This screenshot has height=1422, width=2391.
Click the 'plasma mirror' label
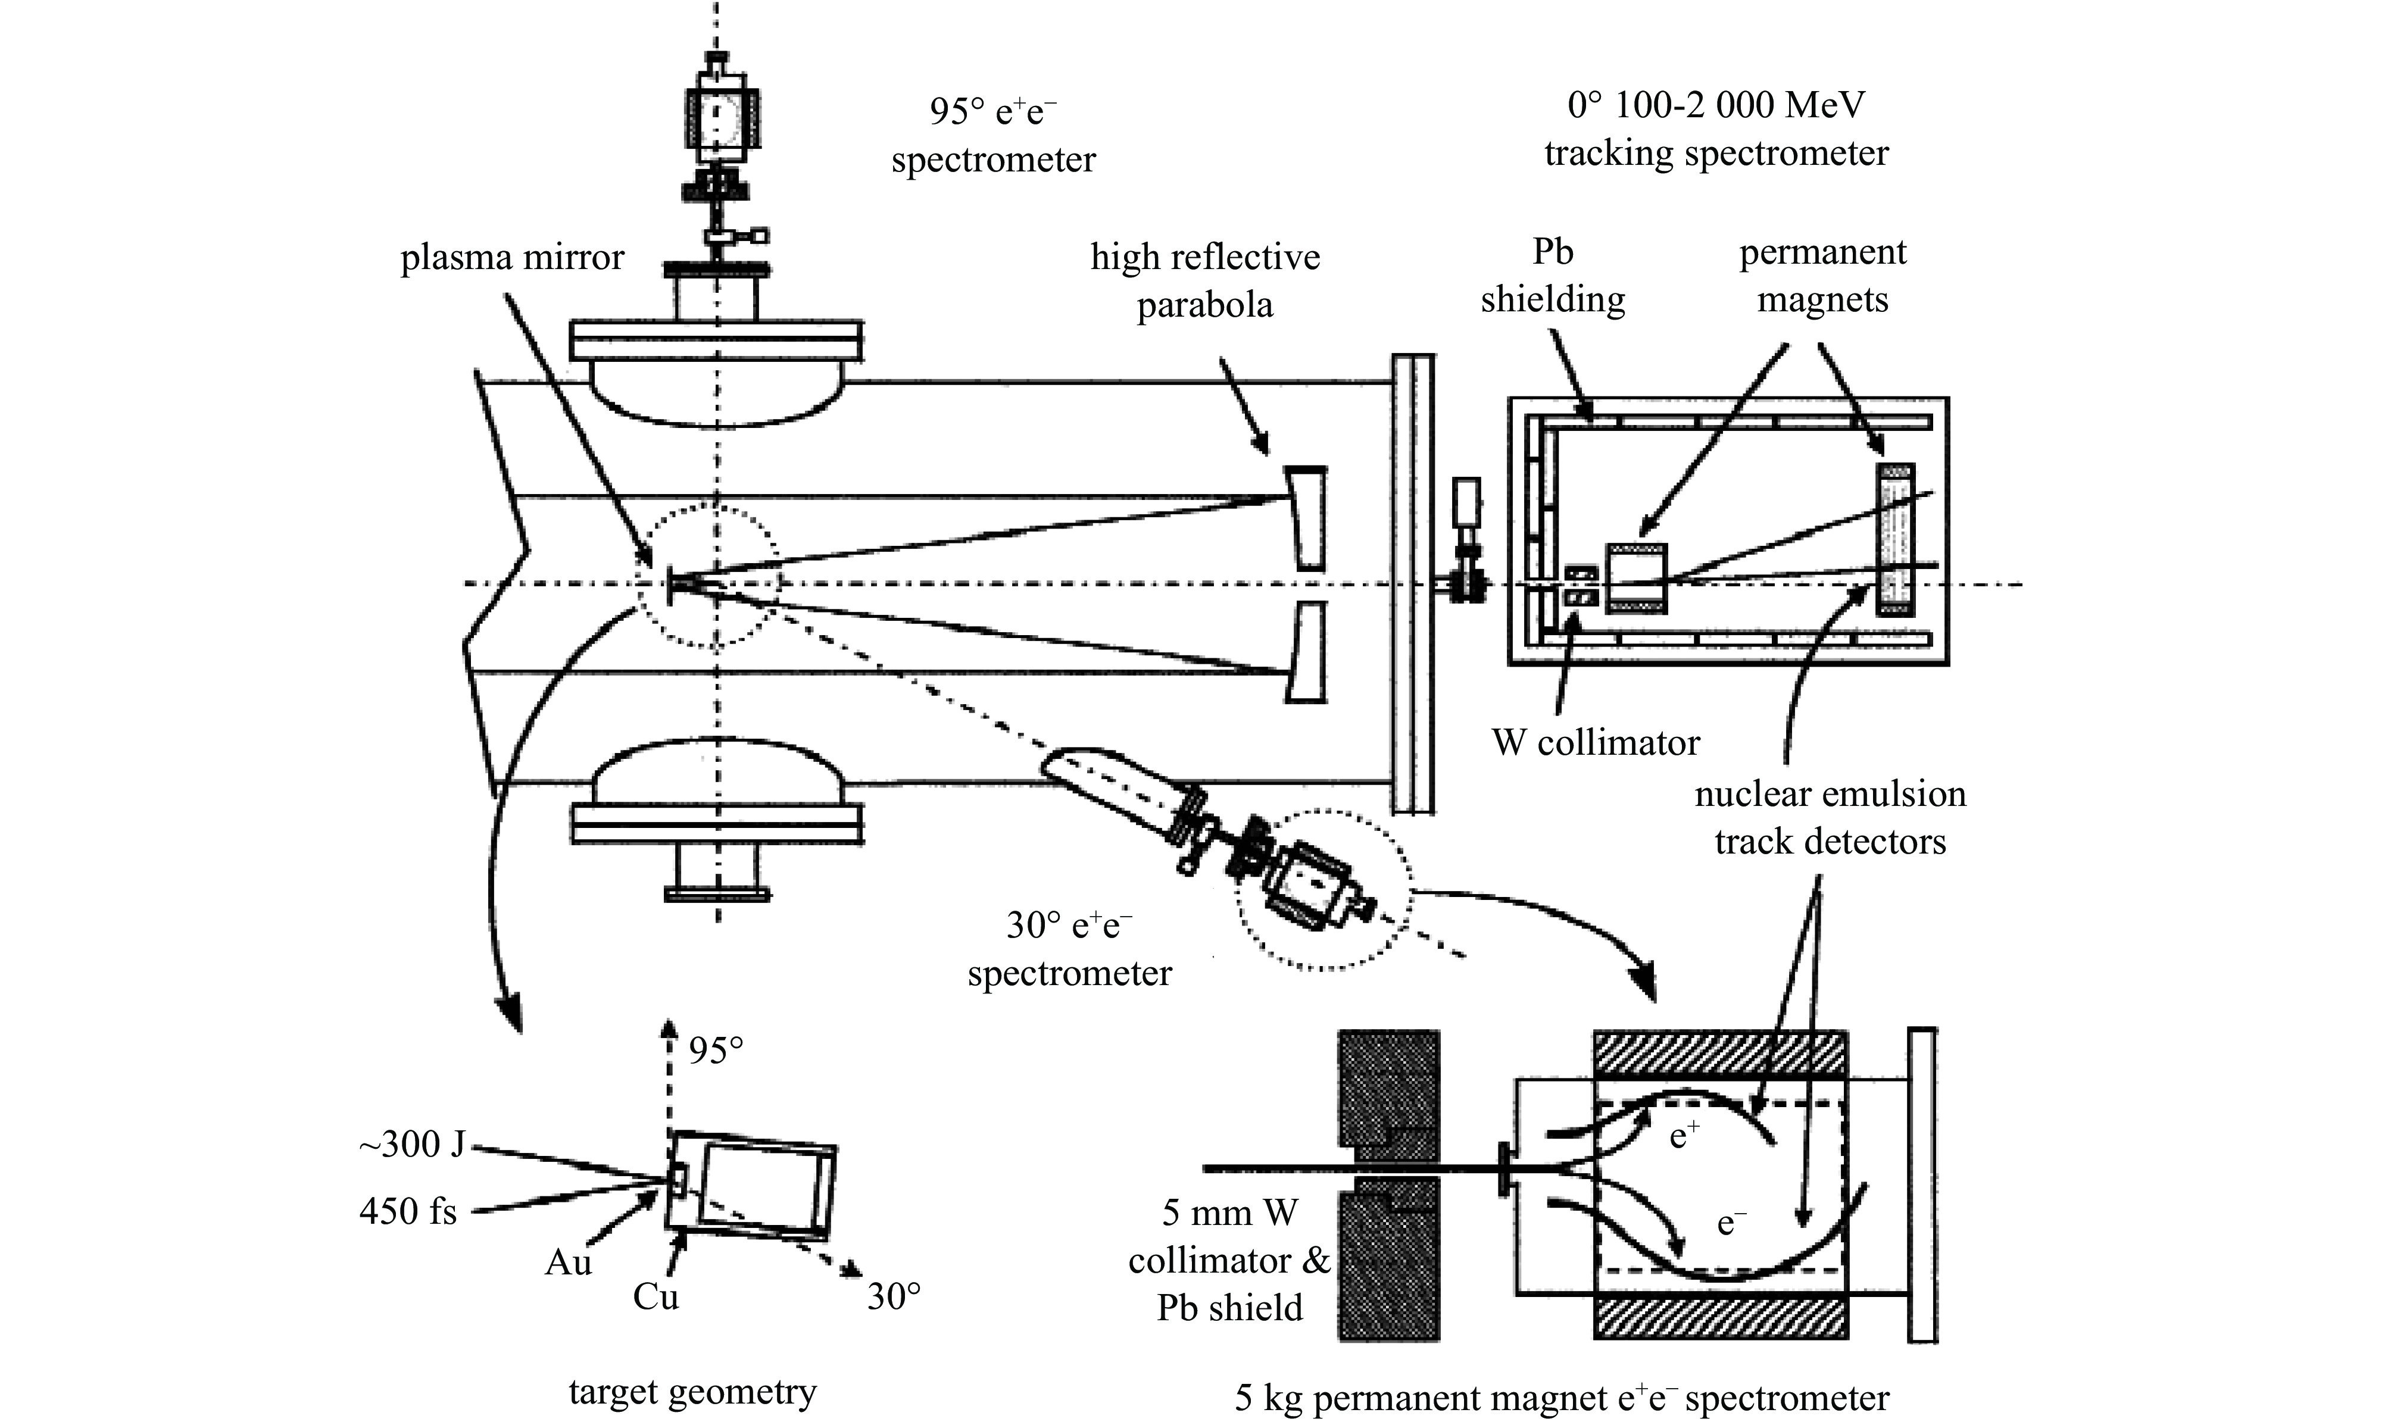(x=512, y=258)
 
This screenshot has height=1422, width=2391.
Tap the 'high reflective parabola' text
(x=1204, y=281)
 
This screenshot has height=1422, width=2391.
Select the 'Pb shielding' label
(x=1553, y=276)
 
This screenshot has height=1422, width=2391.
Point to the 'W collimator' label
(x=1596, y=743)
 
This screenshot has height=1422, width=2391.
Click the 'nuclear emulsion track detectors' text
(x=1830, y=817)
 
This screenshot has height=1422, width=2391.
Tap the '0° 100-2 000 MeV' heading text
(x=1716, y=105)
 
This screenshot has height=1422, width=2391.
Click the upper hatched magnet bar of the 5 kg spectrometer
(x=1720, y=1054)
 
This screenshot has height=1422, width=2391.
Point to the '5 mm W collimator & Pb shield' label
(x=1229, y=1260)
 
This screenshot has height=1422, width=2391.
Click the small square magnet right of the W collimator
(x=1637, y=579)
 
